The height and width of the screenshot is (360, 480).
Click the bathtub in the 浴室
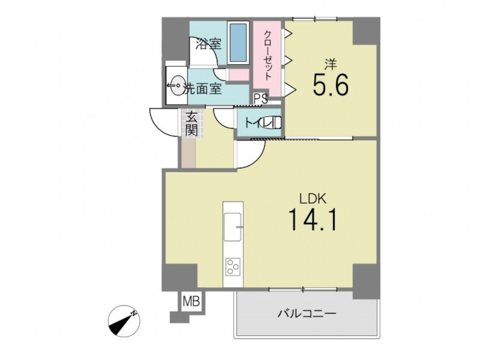(x=238, y=43)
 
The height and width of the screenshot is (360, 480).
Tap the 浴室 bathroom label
(x=208, y=44)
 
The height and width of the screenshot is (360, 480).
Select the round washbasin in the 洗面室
(x=176, y=85)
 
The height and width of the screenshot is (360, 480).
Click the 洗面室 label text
(x=202, y=89)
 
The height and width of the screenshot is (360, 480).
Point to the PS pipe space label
(x=261, y=99)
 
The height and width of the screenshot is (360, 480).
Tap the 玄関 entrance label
(x=191, y=124)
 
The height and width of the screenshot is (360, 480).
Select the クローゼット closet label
(x=268, y=55)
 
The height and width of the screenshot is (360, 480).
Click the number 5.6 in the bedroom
(x=331, y=85)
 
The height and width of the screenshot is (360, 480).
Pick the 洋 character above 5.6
(x=331, y=64)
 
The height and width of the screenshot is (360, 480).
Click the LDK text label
(x=313, y=199)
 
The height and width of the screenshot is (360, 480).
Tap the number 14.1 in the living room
(x=313, y=219)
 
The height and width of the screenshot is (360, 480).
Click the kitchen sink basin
(x=233, y=227)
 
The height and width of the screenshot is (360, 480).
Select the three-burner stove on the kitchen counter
(x=233, y=266)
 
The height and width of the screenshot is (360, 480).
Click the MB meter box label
(x=191, y=301)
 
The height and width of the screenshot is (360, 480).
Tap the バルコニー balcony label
(x=307, y=314)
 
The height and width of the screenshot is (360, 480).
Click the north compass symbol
(x=124, y=321)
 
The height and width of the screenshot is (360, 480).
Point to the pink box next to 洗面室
(x=239, y=74)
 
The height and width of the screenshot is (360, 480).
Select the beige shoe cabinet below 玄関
(x=188, y=153)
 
